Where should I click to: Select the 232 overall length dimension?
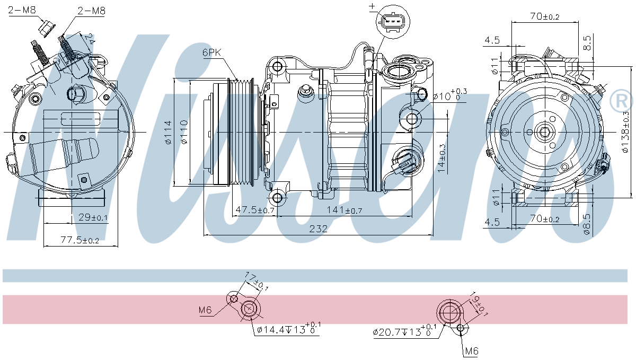pos(319,229)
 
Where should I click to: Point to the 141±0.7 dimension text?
pos(343,210)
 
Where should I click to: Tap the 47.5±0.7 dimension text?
pos(254,210)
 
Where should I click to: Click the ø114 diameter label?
pos(168,133)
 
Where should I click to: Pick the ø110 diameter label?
pos(183,133)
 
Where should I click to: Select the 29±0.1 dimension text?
pos(92,217)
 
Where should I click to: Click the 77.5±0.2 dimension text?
pos(79,240)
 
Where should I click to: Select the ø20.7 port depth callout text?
pos(404,332)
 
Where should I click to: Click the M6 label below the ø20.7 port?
pos(471,350)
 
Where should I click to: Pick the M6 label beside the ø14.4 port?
pos(206,310)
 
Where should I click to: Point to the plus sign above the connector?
pos(372,7)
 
